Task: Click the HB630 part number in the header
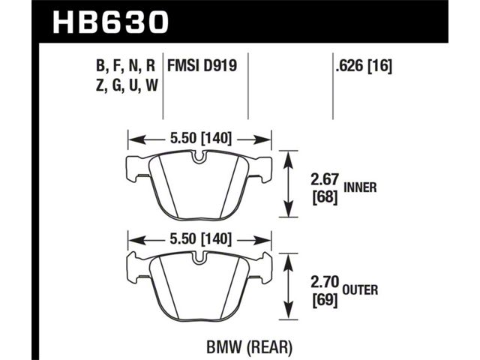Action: pyautogui.click(x=110, y=22)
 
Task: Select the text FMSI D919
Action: pyautogui.click(x=202, y=65)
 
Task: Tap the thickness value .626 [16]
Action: pyautogui.click(x=364, y=66)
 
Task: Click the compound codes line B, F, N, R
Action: pyautogui.click(x=125, y=66)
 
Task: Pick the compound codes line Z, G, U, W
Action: pyautogui.click(x=127, y=85)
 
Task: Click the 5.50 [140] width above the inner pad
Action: pyautogui.click(x=200, y=139)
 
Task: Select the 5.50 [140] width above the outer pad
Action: pyautogui.click(x=200, y=238)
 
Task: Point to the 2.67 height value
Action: pyautogui.click(x=325, y=180)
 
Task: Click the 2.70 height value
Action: pyautogui.click(x=325, y=282)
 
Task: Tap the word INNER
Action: pyautogui.click(x=360, y=187)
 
